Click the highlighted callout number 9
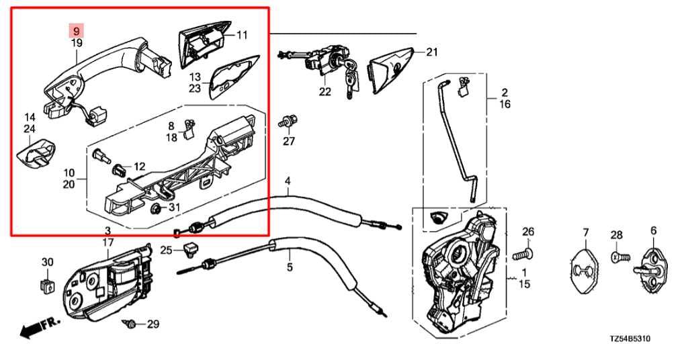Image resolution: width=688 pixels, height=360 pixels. pyautogui.click(x=77, y=31)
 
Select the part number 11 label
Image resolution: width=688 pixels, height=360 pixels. pyautogui.click(x=242, y=34)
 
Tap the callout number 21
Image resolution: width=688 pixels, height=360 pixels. pyautogui.click(x=431, y=52)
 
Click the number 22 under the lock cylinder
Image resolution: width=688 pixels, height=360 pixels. pyautogui.click(x=325, y=92)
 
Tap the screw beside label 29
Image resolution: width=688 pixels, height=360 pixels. pyautogui.click(x=131, y=324)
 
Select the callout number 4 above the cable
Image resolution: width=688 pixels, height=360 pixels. pyautogui.click(x=288, y=181)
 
